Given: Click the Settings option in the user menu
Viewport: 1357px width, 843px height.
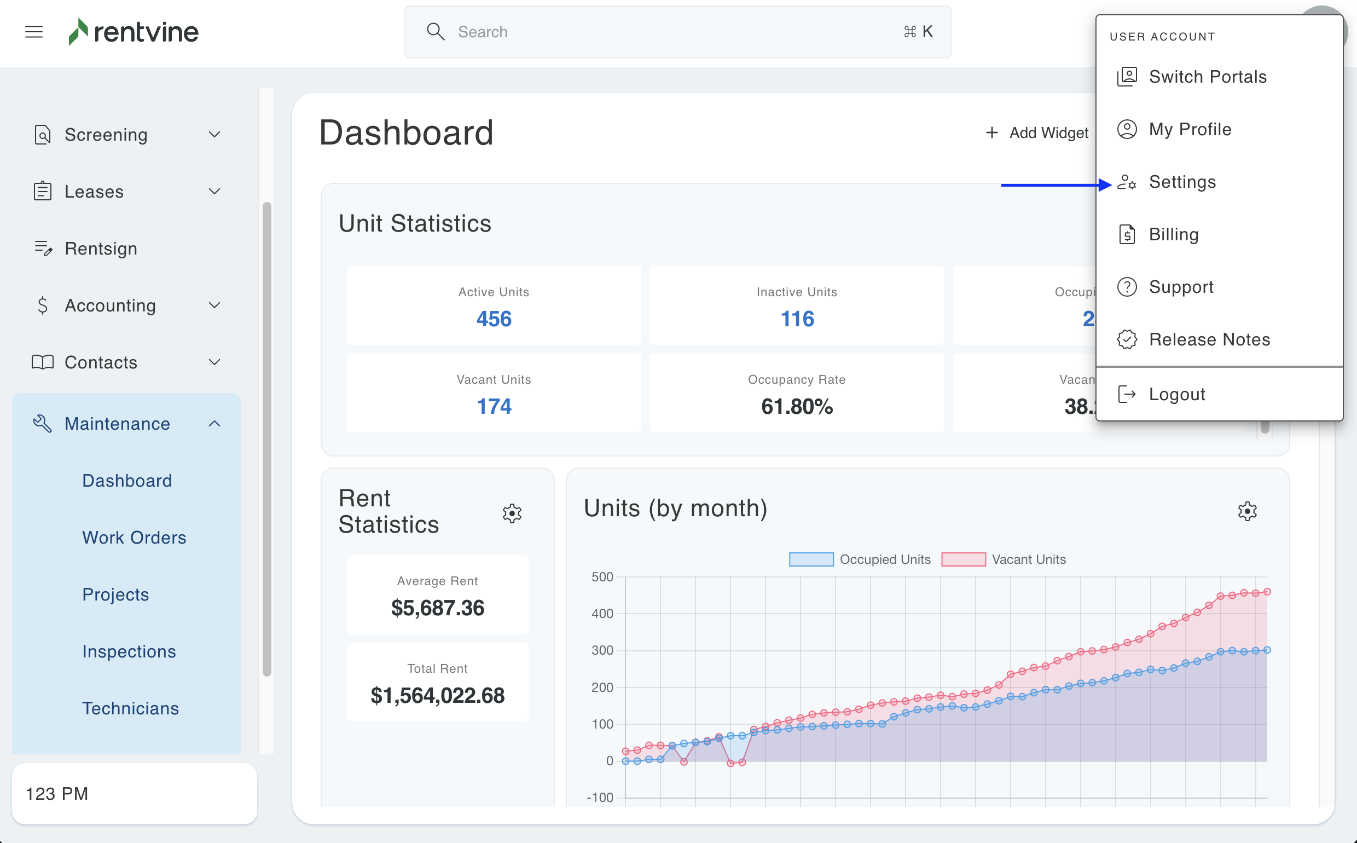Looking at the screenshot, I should [1182, 182].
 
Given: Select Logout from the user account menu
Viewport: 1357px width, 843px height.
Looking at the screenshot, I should [1176, 395].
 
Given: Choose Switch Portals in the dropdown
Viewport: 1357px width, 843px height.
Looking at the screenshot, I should [1207, 77].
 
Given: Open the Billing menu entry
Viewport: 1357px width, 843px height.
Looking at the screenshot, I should [1173, 235].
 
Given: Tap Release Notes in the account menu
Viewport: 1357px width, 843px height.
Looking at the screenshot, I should [1209, 339].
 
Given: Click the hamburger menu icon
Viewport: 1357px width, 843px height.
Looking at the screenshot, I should [34, 32].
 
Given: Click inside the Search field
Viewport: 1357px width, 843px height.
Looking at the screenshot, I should [669, 32].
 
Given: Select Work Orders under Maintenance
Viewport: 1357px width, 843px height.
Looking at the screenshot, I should [134, 538].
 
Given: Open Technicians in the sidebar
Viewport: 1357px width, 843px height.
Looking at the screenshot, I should [130, 708].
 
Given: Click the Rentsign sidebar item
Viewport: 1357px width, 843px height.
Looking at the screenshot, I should [101, 249].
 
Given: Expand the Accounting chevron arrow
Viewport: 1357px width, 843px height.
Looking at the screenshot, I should [214, 305].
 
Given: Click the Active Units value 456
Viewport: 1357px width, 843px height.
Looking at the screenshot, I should [494, 319].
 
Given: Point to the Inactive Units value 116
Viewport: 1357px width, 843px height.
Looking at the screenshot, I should [797, 319].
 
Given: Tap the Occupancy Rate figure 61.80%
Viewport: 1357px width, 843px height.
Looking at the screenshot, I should [797, 406].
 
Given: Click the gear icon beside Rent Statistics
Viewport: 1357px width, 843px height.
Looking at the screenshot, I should [512, 513].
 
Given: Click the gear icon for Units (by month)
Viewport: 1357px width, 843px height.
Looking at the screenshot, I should [1247, 511].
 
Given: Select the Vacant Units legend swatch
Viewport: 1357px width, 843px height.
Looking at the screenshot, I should [963, 559].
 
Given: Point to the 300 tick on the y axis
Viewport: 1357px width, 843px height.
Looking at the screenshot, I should [602, 650].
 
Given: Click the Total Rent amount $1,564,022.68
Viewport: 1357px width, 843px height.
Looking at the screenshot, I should [438, 695].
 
